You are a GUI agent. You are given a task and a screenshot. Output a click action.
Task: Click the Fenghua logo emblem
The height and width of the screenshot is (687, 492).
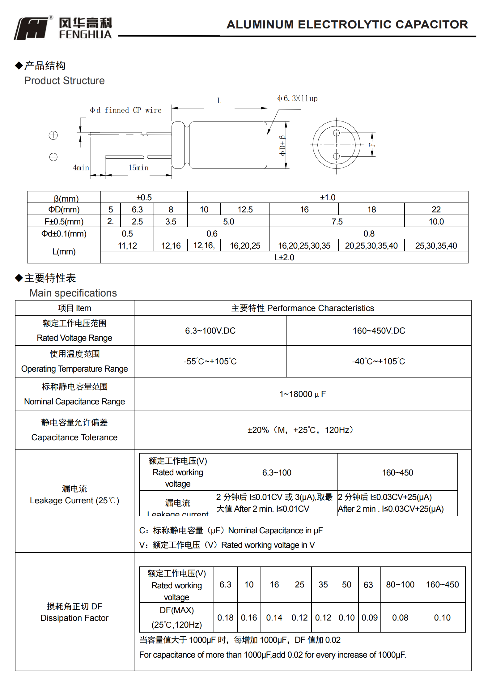(x=32, y=28)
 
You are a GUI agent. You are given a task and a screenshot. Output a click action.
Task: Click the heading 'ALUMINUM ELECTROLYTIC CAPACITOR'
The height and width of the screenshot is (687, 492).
(x=347, y=24)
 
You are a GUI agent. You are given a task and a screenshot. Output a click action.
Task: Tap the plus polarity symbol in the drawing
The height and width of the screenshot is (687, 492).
(x=53, y=135)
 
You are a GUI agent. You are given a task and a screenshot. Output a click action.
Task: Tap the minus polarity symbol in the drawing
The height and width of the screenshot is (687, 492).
(x=53, y=157)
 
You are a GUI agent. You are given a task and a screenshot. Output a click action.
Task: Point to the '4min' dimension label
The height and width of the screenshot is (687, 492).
(x=81, y=168)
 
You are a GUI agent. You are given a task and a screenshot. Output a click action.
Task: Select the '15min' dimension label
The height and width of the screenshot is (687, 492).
(x=138, y=168)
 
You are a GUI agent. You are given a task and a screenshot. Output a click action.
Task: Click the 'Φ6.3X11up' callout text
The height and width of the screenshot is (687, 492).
(x=297, y=99)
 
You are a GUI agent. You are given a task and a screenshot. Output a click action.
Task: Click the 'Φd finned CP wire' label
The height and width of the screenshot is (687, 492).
(x=126, y=110)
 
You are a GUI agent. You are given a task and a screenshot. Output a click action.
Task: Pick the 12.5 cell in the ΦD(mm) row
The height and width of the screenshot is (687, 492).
(x=245, y=209)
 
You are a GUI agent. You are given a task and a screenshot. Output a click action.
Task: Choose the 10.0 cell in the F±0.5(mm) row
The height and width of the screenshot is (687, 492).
(x=436, y=221)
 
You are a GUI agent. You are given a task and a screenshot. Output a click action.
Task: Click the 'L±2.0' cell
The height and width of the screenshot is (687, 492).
(x=284, y=257)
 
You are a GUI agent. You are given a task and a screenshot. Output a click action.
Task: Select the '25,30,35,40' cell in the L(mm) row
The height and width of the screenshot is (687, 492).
(x=436, y=245)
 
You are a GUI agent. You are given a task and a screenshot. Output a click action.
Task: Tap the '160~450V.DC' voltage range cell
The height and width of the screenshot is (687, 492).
(x=379, y=331)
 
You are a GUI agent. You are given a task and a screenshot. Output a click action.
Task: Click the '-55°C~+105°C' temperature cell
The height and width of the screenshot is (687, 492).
(x=210, y=361)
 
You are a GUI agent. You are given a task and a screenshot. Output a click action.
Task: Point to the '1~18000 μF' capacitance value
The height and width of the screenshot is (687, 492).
(x=302, y=394)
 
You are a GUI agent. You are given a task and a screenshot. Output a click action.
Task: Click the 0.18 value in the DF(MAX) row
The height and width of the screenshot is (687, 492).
(x=225, y=617)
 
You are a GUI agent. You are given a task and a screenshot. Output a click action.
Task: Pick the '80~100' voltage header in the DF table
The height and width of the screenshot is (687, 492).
(x=400, y=584)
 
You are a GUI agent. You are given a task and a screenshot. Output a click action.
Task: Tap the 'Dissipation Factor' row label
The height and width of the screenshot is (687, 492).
(x=74, y=618)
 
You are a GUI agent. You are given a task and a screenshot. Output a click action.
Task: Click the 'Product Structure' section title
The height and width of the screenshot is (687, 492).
(x=64, y=81)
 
